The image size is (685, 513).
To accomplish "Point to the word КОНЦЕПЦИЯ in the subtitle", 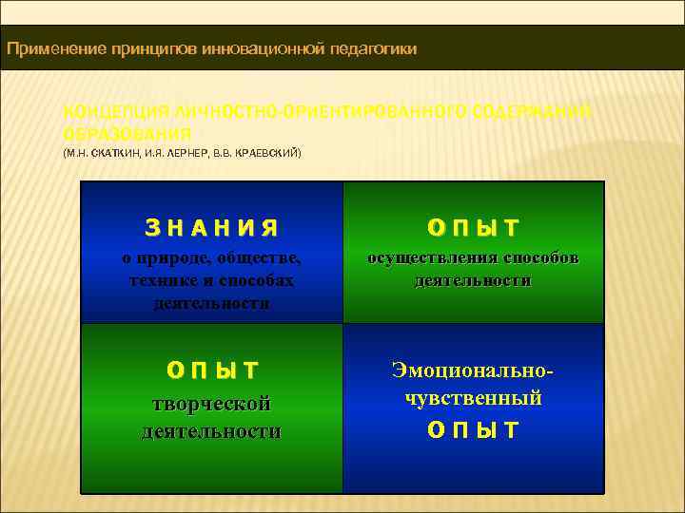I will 110,113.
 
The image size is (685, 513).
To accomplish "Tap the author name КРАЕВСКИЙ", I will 267,152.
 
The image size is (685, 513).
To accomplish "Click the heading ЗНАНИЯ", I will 211,228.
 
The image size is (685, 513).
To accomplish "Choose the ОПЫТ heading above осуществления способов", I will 473,228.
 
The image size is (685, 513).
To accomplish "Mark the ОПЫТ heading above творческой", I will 211,370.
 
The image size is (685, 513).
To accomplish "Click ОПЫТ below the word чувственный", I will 473,429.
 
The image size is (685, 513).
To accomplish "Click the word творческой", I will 211,404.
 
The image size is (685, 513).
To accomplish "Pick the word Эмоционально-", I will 473,368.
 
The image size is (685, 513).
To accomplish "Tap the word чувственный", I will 473,397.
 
